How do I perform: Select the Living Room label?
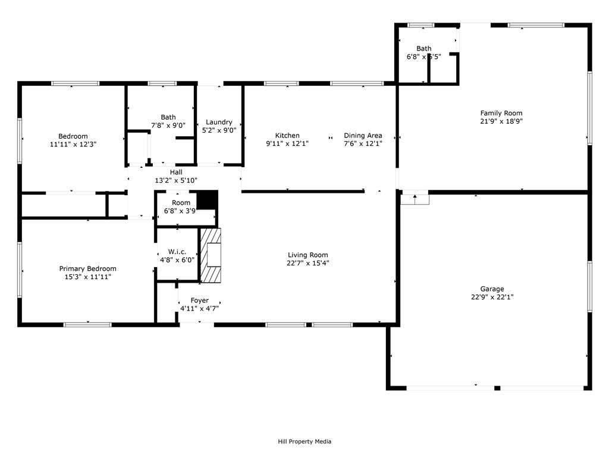307,255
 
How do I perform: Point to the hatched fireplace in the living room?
210,255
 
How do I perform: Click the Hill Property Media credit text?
304,442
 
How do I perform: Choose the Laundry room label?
219,123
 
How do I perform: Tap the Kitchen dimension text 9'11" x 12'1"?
287,143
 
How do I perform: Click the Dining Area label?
363,136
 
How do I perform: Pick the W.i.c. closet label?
177,252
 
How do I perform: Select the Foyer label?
199,301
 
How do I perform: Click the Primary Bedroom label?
87,269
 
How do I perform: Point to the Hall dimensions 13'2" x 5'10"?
176,180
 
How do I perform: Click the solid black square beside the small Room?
207,200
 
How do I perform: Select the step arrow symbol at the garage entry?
415,198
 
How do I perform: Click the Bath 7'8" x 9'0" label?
168,117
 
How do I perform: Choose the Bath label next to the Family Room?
424,49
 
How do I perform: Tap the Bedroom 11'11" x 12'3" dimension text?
73,144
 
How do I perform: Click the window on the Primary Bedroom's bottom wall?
87,324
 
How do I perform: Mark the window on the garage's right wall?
589,286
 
